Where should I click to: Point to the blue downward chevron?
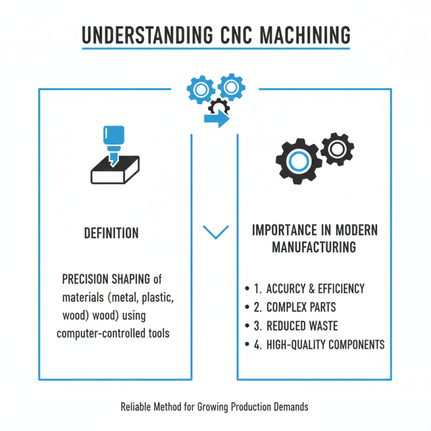(x=215, y=232)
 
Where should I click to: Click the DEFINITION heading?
(x=112, y=233)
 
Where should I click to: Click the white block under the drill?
(x=115, y=172)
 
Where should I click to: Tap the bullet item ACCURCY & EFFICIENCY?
(x=308, y=289)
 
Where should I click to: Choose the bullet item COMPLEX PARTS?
(x=294, y=307)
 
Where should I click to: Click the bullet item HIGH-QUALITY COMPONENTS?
(x=318, y=345)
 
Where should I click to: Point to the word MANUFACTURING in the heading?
(x=314, y=247)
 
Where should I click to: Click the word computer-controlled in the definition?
(x=101, y=333)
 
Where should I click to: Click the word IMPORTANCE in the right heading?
(x=283, y=230)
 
